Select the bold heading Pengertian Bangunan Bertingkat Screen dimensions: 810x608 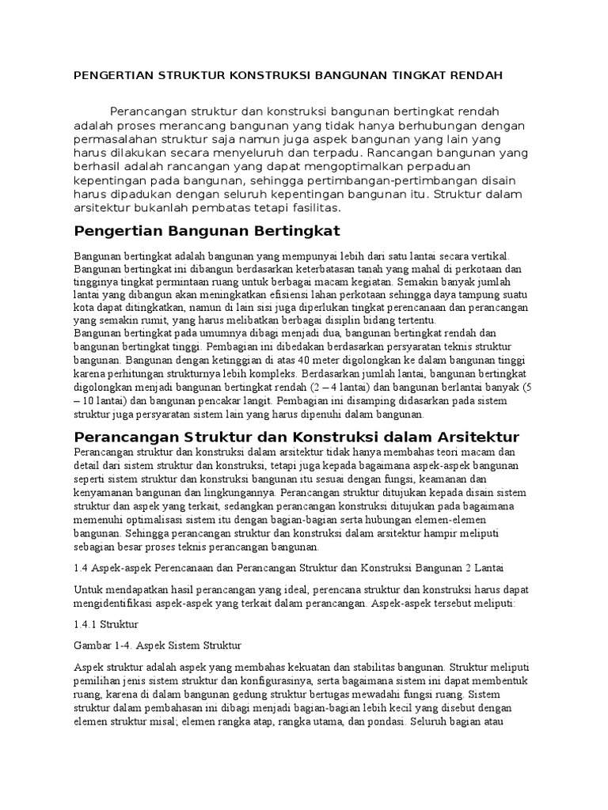point(206,231)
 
